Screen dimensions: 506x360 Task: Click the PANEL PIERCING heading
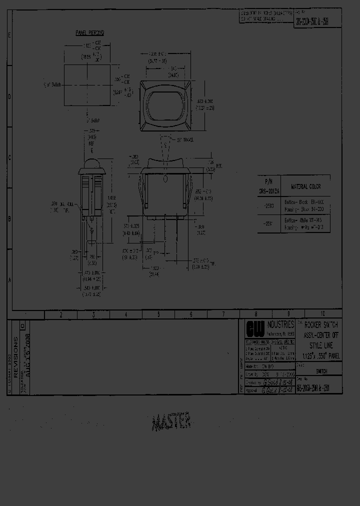pyautogui.click(x=89, y=32)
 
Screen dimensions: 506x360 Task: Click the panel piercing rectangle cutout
pyautogui.click(x=87, y=85)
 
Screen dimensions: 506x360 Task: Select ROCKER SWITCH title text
pyautogui.click(x=320, y=325)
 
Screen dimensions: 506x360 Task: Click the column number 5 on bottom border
pyautogui.click(x=158, y=314)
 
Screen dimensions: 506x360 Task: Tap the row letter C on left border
pyautogui.click(x=8, y=157)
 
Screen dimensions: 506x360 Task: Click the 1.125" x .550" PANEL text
pyautogui.click(x=320, y=355)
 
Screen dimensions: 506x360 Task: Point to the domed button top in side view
pyautogui.click(x=91, y=163)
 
